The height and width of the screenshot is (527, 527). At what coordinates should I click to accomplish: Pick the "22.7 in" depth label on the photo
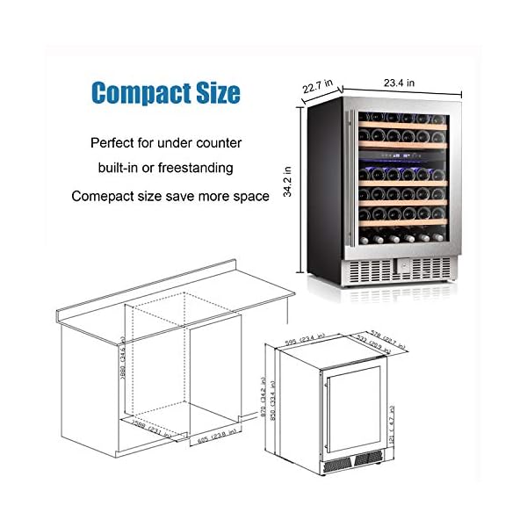[x=317, y=87]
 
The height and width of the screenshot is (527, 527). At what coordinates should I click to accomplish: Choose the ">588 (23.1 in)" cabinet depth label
[x=147, y=428]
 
